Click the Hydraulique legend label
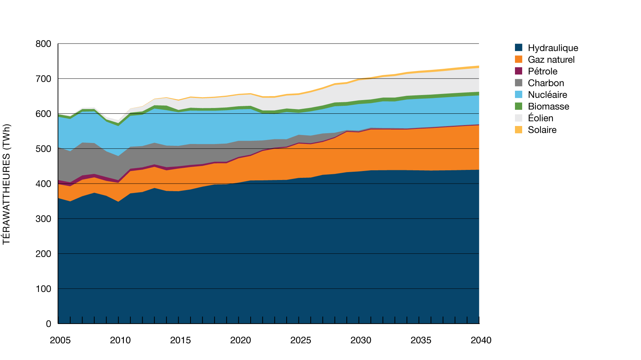click(553, 48)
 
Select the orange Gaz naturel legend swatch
click(519, 59)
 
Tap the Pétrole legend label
click(542, 71)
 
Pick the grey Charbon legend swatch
click(519, 83)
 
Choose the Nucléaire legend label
click(547, 95)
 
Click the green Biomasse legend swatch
click(519, 106)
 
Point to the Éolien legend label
click(540, 118)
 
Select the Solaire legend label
click(542, 130)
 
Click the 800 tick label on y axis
click(44, 44)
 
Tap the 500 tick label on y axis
click(44, 149)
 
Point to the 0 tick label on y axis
click(49, 324)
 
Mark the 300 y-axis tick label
click(44, 219)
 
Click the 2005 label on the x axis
click(60, 340)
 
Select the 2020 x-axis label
click(241, 340)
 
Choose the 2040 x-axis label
click(481, 340)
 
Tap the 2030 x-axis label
click(361, 340)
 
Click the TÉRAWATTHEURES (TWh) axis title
click(6, 184)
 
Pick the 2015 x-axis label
click(180, 340)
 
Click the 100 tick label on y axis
click(44, 289)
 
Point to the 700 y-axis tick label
click(44, 79)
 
